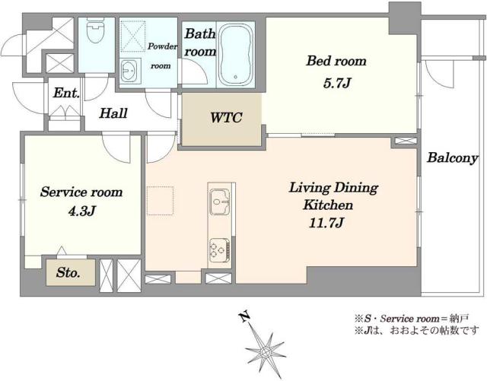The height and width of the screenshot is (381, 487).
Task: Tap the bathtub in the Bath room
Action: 235,55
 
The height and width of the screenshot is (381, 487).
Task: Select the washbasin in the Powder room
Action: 129,71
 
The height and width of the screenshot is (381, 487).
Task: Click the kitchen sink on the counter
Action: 220,202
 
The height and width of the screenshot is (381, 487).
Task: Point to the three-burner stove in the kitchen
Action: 220,249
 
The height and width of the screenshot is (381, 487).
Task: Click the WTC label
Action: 226,118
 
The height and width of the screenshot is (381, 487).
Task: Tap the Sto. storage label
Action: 68,273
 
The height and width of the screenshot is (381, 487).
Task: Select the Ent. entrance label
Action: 66,93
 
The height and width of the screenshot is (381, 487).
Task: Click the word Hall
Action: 113,113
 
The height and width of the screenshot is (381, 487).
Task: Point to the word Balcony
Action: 452,157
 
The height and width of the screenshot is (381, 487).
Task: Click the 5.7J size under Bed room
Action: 337,83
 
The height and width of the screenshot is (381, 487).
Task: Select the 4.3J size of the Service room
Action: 81,211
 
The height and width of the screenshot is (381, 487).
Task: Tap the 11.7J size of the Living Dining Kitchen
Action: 326,223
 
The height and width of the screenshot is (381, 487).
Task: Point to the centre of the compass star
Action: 265,352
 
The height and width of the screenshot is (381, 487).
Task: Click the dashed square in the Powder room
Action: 132,36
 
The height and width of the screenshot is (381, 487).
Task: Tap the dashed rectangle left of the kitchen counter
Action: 160,201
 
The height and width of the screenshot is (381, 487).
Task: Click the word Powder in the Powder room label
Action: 162,46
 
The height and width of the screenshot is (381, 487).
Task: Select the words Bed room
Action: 336,61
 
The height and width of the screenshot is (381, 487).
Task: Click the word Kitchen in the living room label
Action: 328,205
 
